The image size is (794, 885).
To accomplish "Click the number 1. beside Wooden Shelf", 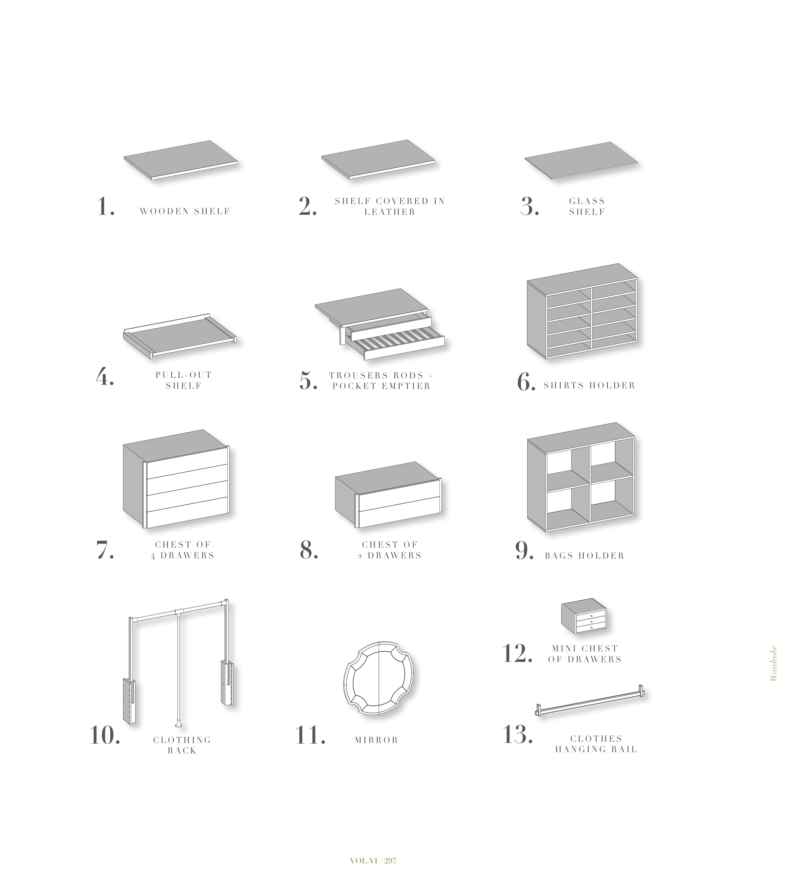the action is [106, 207].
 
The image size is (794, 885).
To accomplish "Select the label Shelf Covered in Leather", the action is [390, 206].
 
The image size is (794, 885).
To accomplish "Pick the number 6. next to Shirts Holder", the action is [526, 382].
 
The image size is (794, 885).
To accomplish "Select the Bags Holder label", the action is [584, 556].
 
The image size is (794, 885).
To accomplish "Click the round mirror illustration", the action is [379, 678].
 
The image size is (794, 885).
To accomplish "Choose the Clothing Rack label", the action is [182, 745].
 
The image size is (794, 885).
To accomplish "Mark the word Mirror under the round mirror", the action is [376, 740].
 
